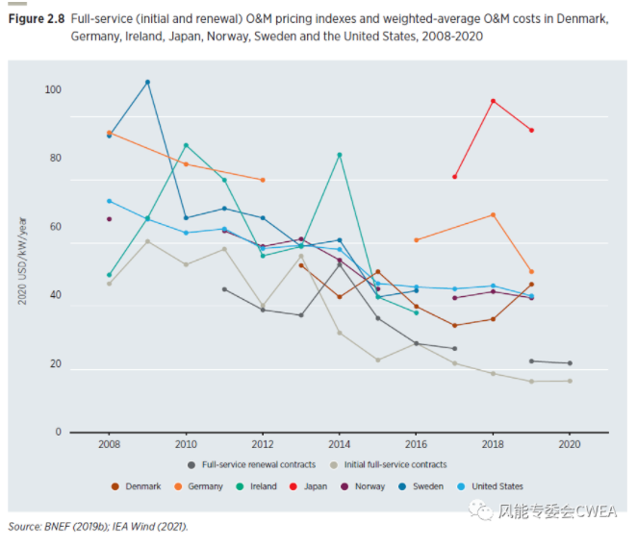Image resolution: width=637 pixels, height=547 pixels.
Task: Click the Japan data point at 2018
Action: [493, 101]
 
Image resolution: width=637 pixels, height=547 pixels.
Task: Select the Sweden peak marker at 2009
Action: [147, 82]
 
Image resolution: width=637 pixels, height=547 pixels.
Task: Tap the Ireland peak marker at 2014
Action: [339, 155]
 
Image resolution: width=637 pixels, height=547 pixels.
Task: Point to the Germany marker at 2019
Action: [531, 271]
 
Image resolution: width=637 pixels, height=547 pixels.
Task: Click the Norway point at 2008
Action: [109, 219]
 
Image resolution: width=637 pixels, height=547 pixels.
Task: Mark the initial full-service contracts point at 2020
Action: [570, 381]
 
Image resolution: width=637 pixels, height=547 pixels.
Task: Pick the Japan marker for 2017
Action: [454, 177]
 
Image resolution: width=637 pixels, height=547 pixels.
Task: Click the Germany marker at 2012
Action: [263, 180]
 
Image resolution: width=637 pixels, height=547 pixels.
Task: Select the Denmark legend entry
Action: [139, 486]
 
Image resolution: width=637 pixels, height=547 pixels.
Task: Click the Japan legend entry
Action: [309, 486]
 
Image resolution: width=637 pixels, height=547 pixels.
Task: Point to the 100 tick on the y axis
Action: [52, 89]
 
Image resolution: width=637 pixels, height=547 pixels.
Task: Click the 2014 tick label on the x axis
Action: [339, 445]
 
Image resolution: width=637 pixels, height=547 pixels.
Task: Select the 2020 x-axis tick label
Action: [570, 445]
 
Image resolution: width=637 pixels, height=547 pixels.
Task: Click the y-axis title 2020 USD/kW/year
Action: [23, 261]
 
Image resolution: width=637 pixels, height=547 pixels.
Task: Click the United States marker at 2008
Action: [109, 201]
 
